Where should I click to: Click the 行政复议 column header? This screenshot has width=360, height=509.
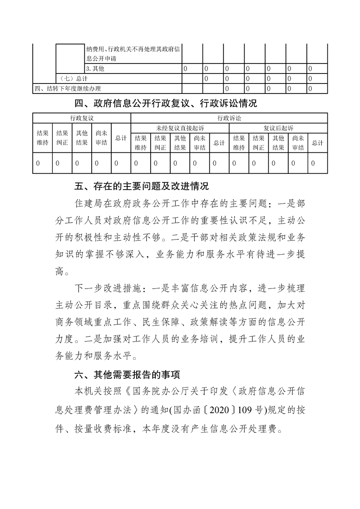tap(82, 118)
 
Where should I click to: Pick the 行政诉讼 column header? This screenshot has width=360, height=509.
tap(229, 118)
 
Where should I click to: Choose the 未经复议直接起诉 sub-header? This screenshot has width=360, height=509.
tap(180, 128)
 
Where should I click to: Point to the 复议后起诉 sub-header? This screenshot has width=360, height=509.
tap(278, 128)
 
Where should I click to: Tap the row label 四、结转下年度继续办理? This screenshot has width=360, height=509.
tap(68, 88)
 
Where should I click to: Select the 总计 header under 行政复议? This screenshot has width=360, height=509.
tap(121, 138)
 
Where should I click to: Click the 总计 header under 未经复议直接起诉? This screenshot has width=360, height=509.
tap(219, 143)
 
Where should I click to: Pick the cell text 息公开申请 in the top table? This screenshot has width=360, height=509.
tap(100, 59)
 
